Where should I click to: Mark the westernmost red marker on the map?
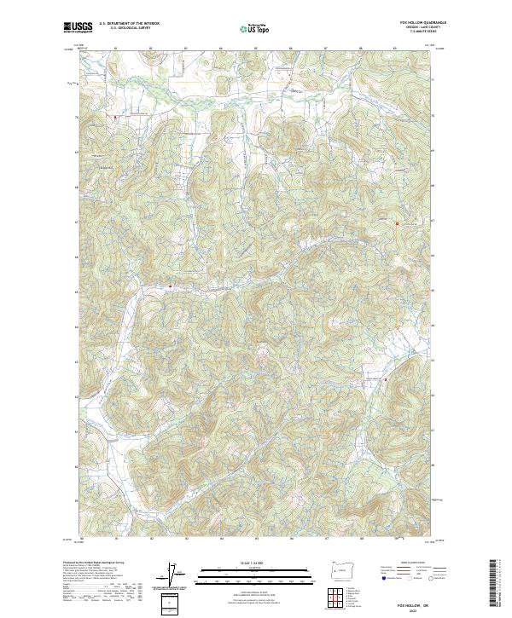(113, 116)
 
